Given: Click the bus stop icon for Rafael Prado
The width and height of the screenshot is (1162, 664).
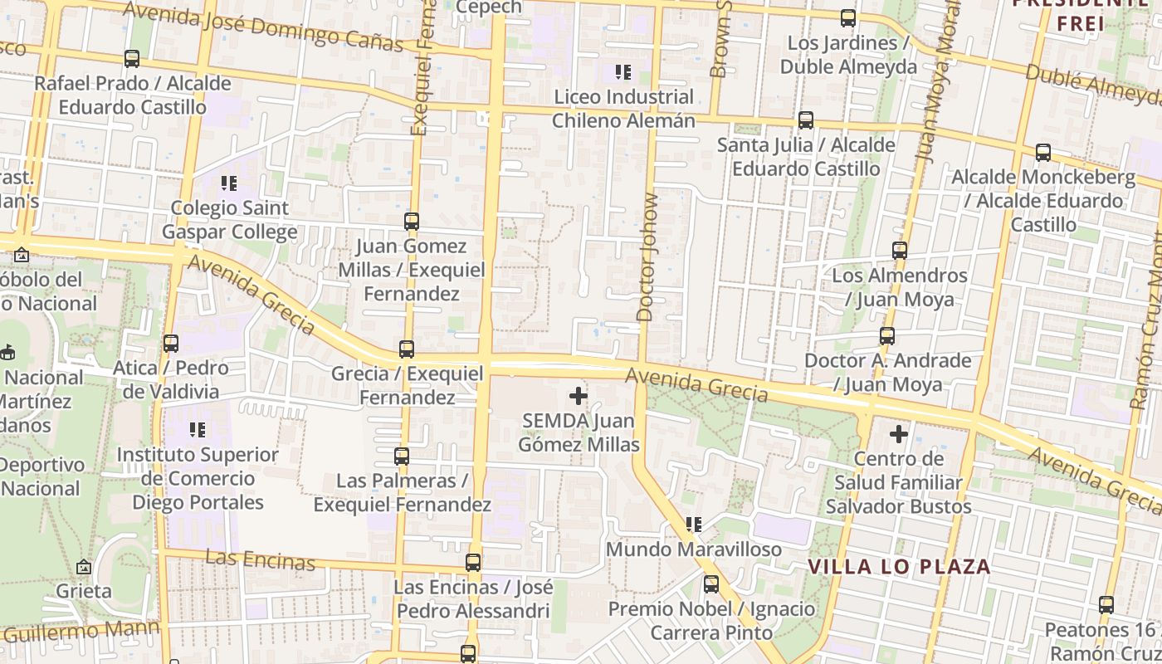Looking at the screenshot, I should pyautogui.click(x=131, y=59).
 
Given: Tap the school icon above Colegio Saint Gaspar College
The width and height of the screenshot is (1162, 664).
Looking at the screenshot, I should pyautogui.click(x=228, y=183).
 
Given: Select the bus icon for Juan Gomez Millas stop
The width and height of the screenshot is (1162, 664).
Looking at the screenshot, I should pyautogui.click(x=411, y=221).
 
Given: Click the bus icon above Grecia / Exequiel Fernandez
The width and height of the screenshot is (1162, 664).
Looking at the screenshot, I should pyautogui.click(x=406, y=349).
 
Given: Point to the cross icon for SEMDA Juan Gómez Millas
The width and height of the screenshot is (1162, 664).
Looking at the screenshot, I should pyautogui.click(x=578, y=396).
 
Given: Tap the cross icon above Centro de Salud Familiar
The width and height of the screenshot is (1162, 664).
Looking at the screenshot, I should pyautogui.click(x=898, y=433).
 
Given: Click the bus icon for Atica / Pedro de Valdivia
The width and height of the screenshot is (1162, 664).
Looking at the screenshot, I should pyautogui.click(x=171, y=343).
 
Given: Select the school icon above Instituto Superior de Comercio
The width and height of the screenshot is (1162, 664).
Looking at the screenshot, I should pyautogui.click(x=198, y=429).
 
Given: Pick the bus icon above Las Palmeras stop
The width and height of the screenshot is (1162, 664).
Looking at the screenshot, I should pyautogui.click(x=402, y=456).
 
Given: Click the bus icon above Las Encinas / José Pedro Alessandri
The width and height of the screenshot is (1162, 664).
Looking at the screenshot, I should pyautogui.click(x=472, y=562).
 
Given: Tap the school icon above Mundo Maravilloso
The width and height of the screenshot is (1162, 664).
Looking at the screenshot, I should pyautogui.click(x=694, y=525).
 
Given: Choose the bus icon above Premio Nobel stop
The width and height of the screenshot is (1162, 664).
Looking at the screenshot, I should pyautogui.click(x=711, y=583).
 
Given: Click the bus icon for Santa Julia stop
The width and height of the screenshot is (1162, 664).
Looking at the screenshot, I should pyautogui.click(x=805, y=120).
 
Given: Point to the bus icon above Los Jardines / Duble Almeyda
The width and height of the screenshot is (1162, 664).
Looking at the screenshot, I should pyautogui.click(x=848, y=17).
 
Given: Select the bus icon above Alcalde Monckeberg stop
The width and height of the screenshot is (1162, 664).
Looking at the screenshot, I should pyautogui.click(x=1043, y=152).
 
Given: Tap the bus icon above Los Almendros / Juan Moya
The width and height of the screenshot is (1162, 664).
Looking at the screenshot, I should pyautogui.click(x=900, y=250).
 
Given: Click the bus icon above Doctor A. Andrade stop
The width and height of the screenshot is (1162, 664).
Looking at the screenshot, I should pyautogui.click(x=887, y=335).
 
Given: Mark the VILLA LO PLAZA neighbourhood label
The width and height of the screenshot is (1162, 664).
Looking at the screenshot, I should pyautogui.click(x=899, y=567).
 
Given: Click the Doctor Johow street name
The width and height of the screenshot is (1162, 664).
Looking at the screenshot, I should pyautogui.click(x=647, y=257).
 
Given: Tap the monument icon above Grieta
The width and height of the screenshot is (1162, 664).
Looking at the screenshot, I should pyautogui.click(x=83, y=567).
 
